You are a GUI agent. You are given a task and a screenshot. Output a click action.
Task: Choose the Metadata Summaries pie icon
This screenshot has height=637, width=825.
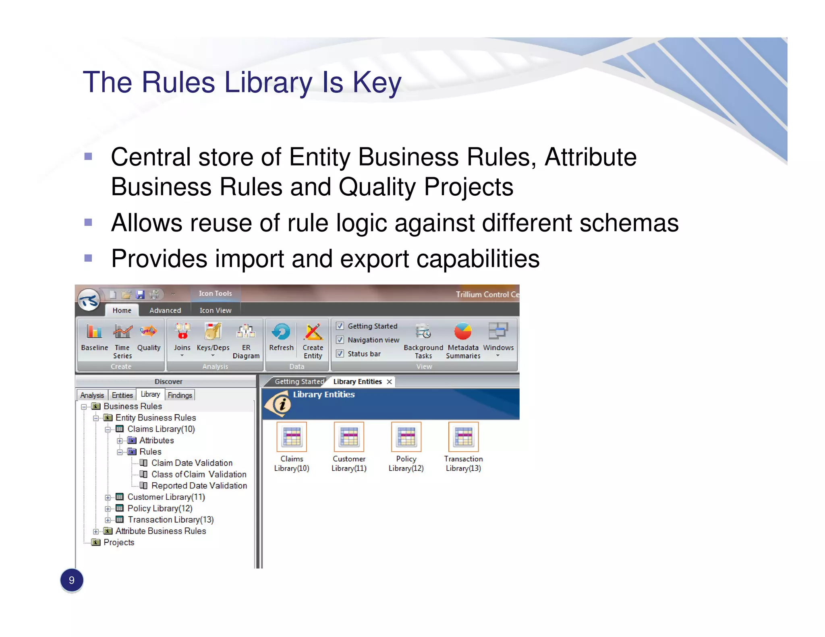pyautogui.click(x=463, y=332)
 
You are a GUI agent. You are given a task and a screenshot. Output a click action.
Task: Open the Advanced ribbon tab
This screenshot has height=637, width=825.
pyautogui.click(x=165, y=310)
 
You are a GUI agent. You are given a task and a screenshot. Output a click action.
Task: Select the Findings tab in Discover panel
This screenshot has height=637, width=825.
pyautogui.click(x=180, y=395)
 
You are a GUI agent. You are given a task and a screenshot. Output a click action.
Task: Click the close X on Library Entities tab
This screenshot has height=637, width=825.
pyautogui.click(x=389, y=382)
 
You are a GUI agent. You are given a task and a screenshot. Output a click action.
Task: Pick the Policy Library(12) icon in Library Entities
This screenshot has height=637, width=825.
pyautogui.click(x=406, y=437)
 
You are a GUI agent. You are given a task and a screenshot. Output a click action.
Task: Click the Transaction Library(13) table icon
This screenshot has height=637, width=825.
pyautogui.click(x=463, y=437)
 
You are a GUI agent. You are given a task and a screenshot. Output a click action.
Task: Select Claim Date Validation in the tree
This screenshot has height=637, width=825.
pyautogui.click(x=192, y=463)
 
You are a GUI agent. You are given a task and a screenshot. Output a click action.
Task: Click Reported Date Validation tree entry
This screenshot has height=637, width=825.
pyautogui.click(x=199, y=486)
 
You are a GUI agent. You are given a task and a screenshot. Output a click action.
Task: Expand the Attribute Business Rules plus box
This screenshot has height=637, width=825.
pyautogui.click(x=96, y=532)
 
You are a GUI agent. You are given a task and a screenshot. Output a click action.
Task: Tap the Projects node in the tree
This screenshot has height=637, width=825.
pyautogui.click(x=119, y=542)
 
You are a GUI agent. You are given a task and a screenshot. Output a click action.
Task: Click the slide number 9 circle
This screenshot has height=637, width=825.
pyautogui.click(x=72, y=580)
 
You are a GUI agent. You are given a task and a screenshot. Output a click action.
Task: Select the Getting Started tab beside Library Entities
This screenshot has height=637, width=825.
pyautogui.click(x=299, y=382)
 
